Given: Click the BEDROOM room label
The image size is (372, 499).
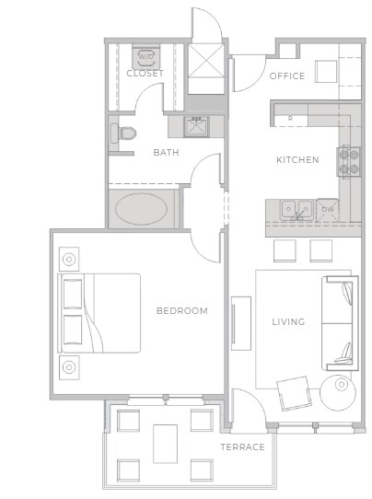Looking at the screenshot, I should click(181, 311).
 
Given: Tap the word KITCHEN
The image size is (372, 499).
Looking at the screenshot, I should click(297, 160).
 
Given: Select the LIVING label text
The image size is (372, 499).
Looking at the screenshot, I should click(290, 322).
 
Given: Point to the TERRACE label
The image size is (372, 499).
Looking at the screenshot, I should click(242, 447).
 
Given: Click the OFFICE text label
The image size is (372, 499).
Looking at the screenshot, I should click(287, 76).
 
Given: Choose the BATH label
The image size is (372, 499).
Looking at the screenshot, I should click(166, 153).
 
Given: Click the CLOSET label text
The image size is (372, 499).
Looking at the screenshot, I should click(145, 74).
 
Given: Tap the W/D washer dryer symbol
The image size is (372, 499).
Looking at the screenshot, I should click(145, 57).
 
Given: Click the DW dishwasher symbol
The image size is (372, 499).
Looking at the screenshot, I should click(328, 210).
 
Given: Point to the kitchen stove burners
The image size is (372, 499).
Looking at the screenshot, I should click(349, 162).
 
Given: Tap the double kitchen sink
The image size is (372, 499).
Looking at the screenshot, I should click(295, 210).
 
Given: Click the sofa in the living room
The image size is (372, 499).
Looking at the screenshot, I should click(337, 319).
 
